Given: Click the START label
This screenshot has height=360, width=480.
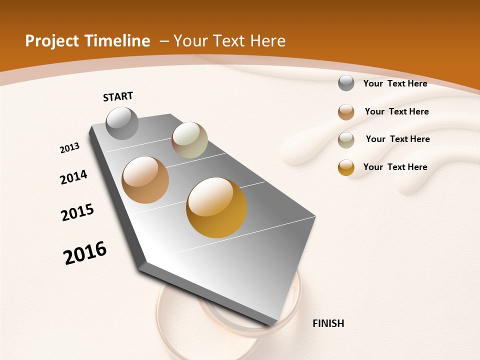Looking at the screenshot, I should pyautogui.click(x=118, y=96).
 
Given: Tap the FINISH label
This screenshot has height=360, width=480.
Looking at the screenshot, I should pyautogui.click(x=328, y=323).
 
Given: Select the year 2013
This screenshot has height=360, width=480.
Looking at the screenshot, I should pyautogui.click(x=70, y=148).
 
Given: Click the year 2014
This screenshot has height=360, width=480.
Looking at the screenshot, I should pyautogui.click(x=73, y=177).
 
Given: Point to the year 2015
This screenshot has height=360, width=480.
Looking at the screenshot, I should pyautogui.click(x=77, y=212).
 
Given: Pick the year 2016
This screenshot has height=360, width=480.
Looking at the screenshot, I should pyautogui.click(x=85, y=252).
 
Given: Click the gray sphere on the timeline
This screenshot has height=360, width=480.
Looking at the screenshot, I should pyautogui.click(x=122, y=123).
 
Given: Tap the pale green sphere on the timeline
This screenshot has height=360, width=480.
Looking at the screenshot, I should pyautogui.click(x=189, y=140).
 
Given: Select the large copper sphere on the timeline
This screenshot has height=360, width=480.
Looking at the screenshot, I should pyautogui.click(x=145, y=180).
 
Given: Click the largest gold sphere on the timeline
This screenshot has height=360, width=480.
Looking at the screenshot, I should pyautogui.click(x=216, y=207).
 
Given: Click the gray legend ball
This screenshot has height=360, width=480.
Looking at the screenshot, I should pyautogui.click(x=346, y=83).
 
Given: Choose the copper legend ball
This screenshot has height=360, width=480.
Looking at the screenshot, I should pyautogui.click(x=346, y=112).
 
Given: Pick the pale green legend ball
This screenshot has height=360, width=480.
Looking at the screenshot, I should pyautogui.click(x=346, y=140).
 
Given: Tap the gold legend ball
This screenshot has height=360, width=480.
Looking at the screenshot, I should pyautogui.click(x=346, y=167).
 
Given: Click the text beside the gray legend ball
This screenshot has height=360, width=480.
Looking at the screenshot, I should pyautogui.click(x=395, y=83).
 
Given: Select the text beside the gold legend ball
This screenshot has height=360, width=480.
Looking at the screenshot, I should pyautogui.click(x=395, y=167).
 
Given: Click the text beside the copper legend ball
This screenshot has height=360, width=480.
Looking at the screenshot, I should pyautogui.click(x=396, y=111).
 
